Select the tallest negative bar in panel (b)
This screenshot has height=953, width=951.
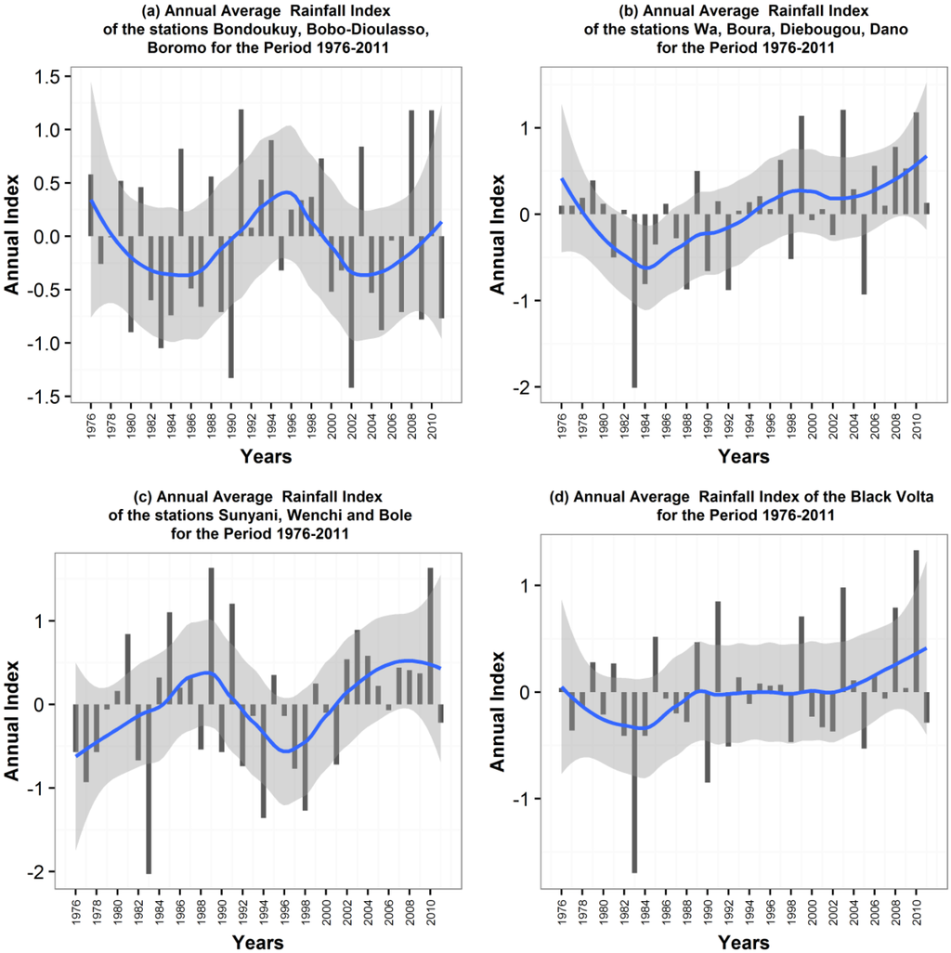click(x=635, y=300)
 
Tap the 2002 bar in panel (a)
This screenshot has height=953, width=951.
click(x=351, y=311)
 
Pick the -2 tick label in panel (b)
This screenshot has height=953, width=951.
click(x=525, y=386)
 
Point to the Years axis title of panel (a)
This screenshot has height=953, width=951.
click(x=266, y=456)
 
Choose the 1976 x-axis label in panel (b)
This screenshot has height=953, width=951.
click(x=562, y=425)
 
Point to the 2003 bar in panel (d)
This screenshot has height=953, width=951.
click(x=843, y=639)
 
